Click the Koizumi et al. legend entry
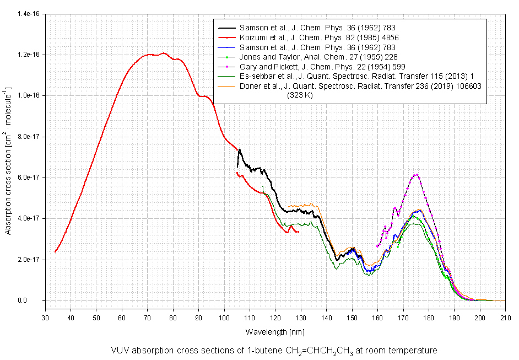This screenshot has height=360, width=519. [319, 37]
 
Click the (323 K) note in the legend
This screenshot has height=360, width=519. [301, 95]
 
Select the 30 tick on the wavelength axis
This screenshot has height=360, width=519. [45, 318]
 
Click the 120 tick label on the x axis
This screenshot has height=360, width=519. [275, 318]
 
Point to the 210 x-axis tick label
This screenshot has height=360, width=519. [505, 318]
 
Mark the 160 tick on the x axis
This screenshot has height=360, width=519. [377, 318]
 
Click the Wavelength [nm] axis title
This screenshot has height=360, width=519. [274, 332]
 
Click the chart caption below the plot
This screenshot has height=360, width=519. [274, 350]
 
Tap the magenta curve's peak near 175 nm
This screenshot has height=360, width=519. [416, 175]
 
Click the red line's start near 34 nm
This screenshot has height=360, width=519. [55, 252]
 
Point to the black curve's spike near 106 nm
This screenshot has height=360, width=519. [240, 149]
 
